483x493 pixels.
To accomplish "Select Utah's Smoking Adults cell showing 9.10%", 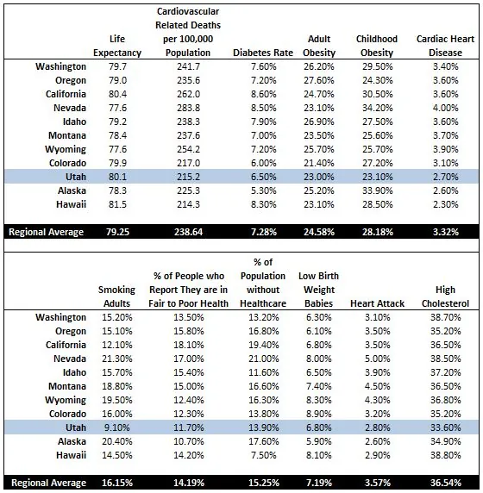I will (116, 427).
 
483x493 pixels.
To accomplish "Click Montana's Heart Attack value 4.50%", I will (378, 386).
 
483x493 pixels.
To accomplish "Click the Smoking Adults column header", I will (116, 296).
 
